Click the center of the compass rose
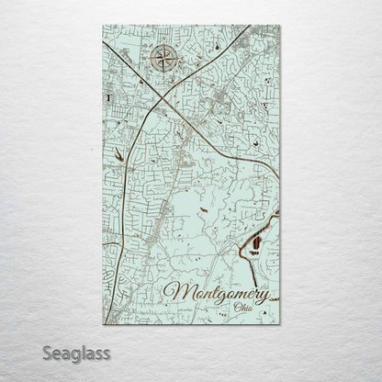pyautogui.click(x=165, y=61)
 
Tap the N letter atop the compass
pyautogui.click(x=165, y=44)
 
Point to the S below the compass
pyautogui.click(x=165, y=78)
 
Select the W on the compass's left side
pyautogui.click(x=149, y=61)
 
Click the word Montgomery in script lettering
pyautogui.click(x=216, y=294)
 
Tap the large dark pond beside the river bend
pyautogui.click(x=256, y=242)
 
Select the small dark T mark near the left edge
pyautogui.click(x=108, y=95)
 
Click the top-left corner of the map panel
pyautogui.click(x=104, y=26)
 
